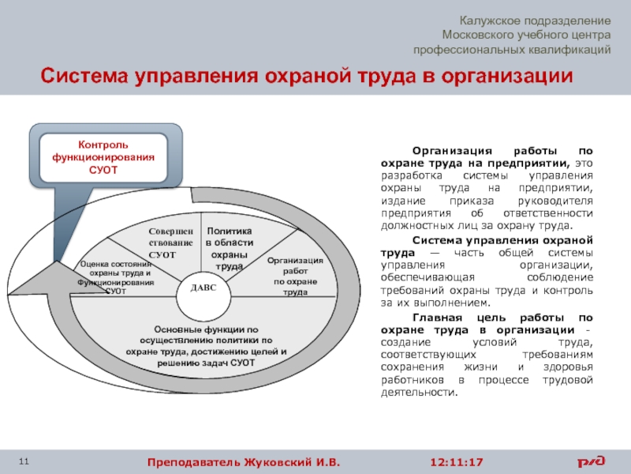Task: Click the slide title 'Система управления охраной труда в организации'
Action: [x=306, y=77]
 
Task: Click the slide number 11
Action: [x=24, y=461]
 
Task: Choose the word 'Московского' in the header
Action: [x=478, y=35]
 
